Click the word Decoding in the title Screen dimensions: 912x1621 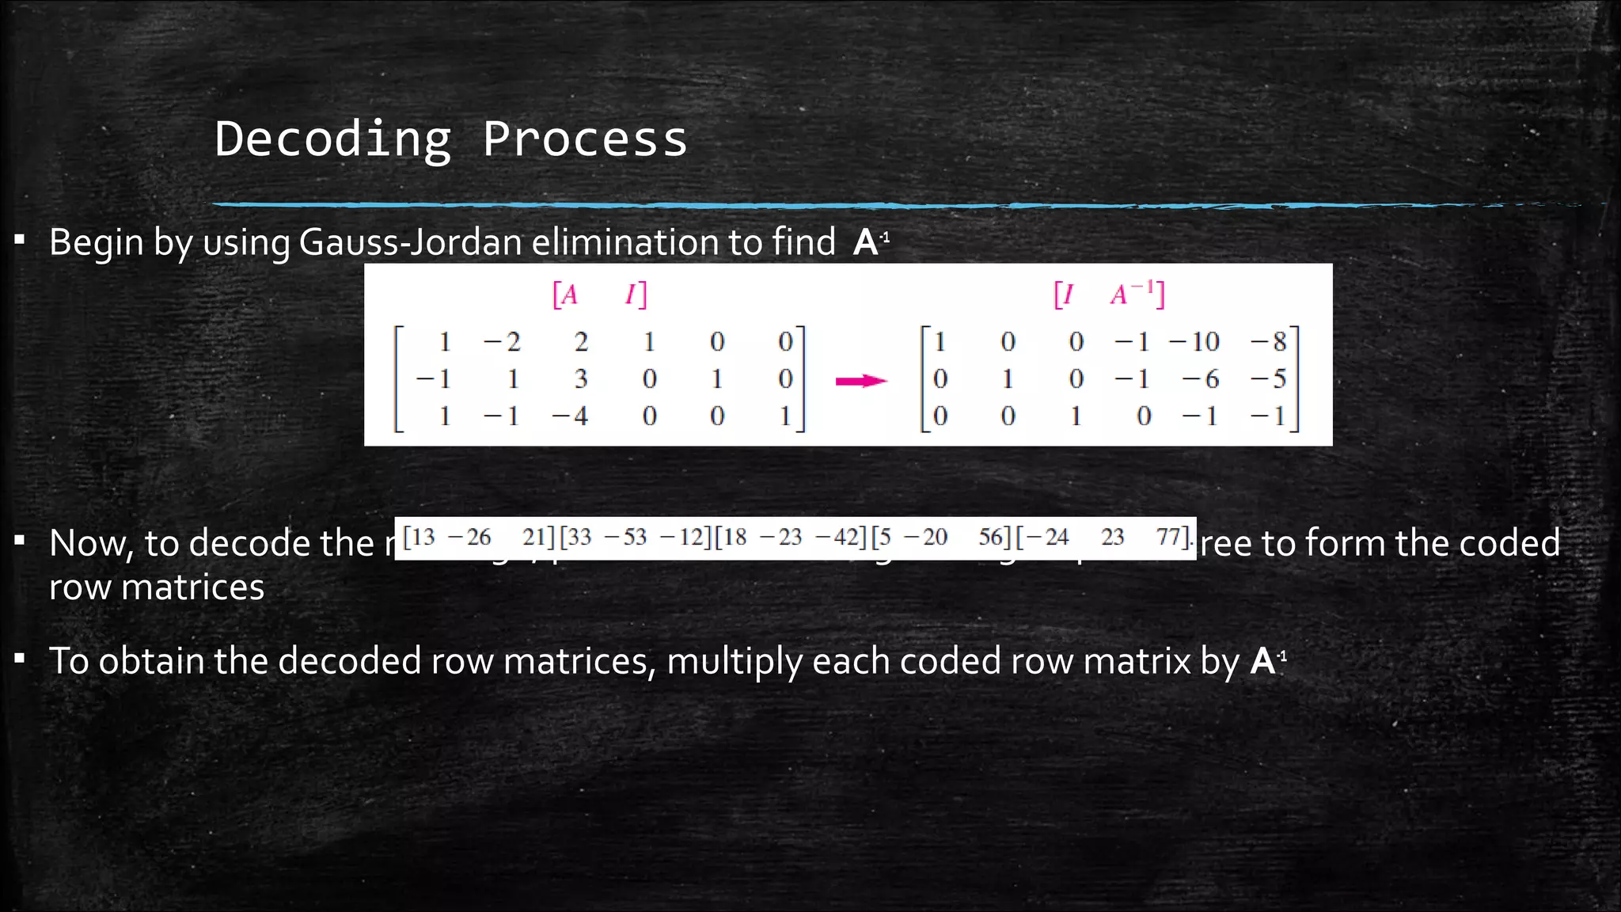(x=332, y=139)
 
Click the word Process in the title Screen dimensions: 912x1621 (x=585, y=139)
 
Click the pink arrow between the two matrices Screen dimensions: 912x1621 (x=861, y=381)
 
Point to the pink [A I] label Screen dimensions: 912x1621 (x=599, y=294)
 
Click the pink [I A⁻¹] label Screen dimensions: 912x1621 (x=1109, y=294)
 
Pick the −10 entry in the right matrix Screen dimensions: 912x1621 (x=1194, y=342)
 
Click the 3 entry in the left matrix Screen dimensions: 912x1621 (x=581, y=379)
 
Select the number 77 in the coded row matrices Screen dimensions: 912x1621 (x=1169, y=538)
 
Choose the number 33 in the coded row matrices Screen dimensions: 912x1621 (x=579, y=538)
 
